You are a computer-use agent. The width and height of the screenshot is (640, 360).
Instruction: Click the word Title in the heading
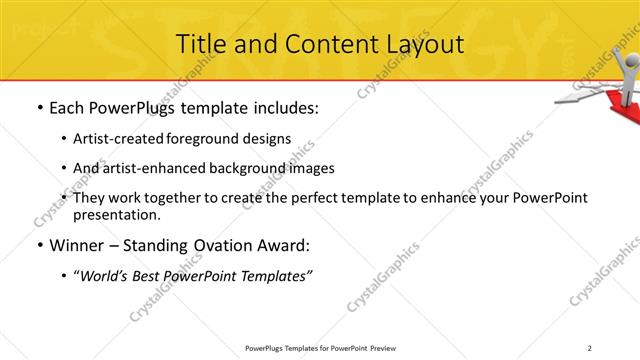[x=199, y=44]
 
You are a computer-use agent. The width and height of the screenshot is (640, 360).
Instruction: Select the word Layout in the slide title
[x=424, y=44]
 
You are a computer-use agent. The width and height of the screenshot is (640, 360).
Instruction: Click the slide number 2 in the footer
[x=591, y=348]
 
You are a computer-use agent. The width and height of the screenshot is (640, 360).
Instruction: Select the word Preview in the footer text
[x=388, y=348]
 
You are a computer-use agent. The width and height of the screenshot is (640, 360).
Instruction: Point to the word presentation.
[x=115, y=215]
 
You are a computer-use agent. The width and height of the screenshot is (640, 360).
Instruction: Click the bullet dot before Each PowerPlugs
[x=39, y=108]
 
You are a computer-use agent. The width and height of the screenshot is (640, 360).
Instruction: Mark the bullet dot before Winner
[x=39, y=245]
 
